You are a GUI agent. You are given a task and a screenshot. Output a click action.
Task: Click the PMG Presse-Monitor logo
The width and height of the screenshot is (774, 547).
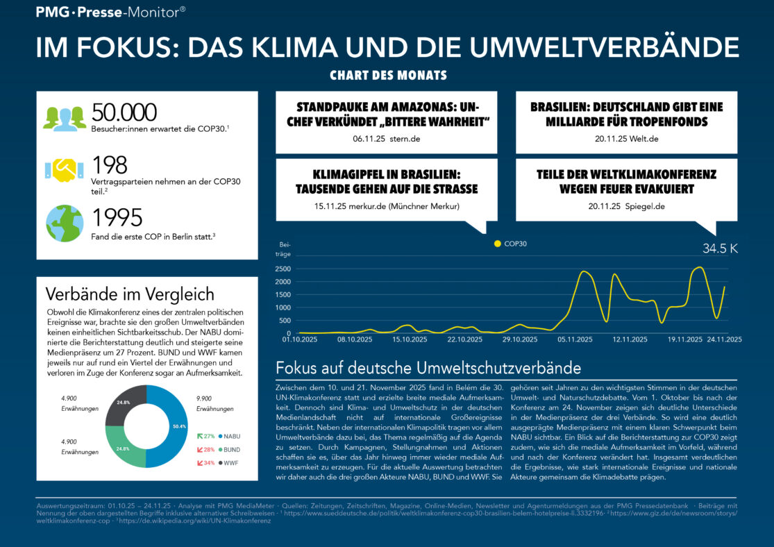point(110,11)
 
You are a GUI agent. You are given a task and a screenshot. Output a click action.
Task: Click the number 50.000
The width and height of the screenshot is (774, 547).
point(124,113)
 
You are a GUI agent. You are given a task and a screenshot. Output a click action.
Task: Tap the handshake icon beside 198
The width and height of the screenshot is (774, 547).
point(65,168)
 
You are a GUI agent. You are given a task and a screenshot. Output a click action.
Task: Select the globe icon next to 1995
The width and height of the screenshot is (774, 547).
point(65,222)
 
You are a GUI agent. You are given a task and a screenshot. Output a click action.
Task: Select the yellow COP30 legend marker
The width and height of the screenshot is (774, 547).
point(496,244)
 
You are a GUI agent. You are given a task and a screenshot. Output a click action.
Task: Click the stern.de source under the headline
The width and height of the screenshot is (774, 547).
point(405,139)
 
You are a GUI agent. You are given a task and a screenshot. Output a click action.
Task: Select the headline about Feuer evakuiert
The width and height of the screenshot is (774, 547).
point(627,181)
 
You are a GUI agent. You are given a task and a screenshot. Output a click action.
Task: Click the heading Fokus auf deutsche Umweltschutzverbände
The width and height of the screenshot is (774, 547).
point(428,368)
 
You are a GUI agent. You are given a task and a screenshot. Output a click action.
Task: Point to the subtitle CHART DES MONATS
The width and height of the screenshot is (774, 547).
point(387,75)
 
